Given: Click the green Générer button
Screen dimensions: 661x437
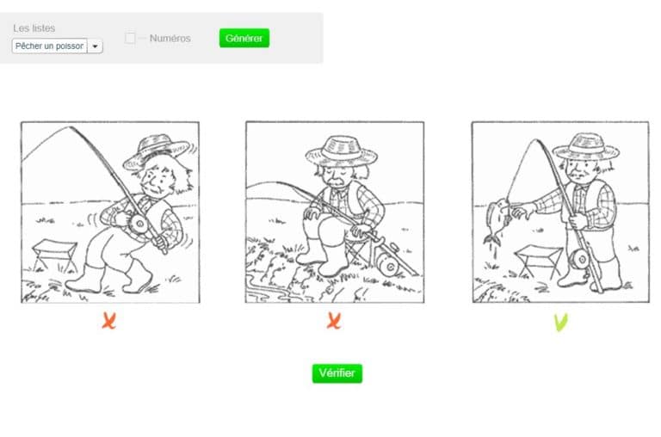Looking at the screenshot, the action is [x=244, y=38].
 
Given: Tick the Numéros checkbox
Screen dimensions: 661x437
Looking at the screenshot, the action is [x=130, y=38].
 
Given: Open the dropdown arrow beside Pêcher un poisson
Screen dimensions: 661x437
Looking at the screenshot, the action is [x=96, y=46].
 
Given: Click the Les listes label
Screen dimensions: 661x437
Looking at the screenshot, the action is [x=34, y=28].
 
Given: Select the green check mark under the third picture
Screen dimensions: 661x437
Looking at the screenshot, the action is [x=560, y=323].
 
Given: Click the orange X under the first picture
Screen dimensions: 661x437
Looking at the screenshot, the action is [x=108, y=321].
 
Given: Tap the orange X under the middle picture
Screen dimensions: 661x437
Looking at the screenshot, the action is [x=334, y=321].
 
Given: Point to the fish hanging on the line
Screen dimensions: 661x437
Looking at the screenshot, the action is [x=498, y=220].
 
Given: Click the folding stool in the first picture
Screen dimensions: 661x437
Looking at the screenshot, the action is [x=55, y=254].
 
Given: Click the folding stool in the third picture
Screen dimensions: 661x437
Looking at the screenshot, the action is [x=538, y=260].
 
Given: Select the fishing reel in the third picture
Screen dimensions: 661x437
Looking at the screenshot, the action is [x=580, y=258].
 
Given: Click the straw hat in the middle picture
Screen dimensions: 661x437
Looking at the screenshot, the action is [x=342, y=151].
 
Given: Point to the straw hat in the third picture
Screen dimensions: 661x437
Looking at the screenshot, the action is [x=586, y=146].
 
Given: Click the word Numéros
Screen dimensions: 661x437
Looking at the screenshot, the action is [x=170, y=39].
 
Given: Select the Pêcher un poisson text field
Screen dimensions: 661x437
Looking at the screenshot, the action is [x=50, y=46].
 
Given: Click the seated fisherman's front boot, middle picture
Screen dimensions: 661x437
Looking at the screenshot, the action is [x=333, y=260].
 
